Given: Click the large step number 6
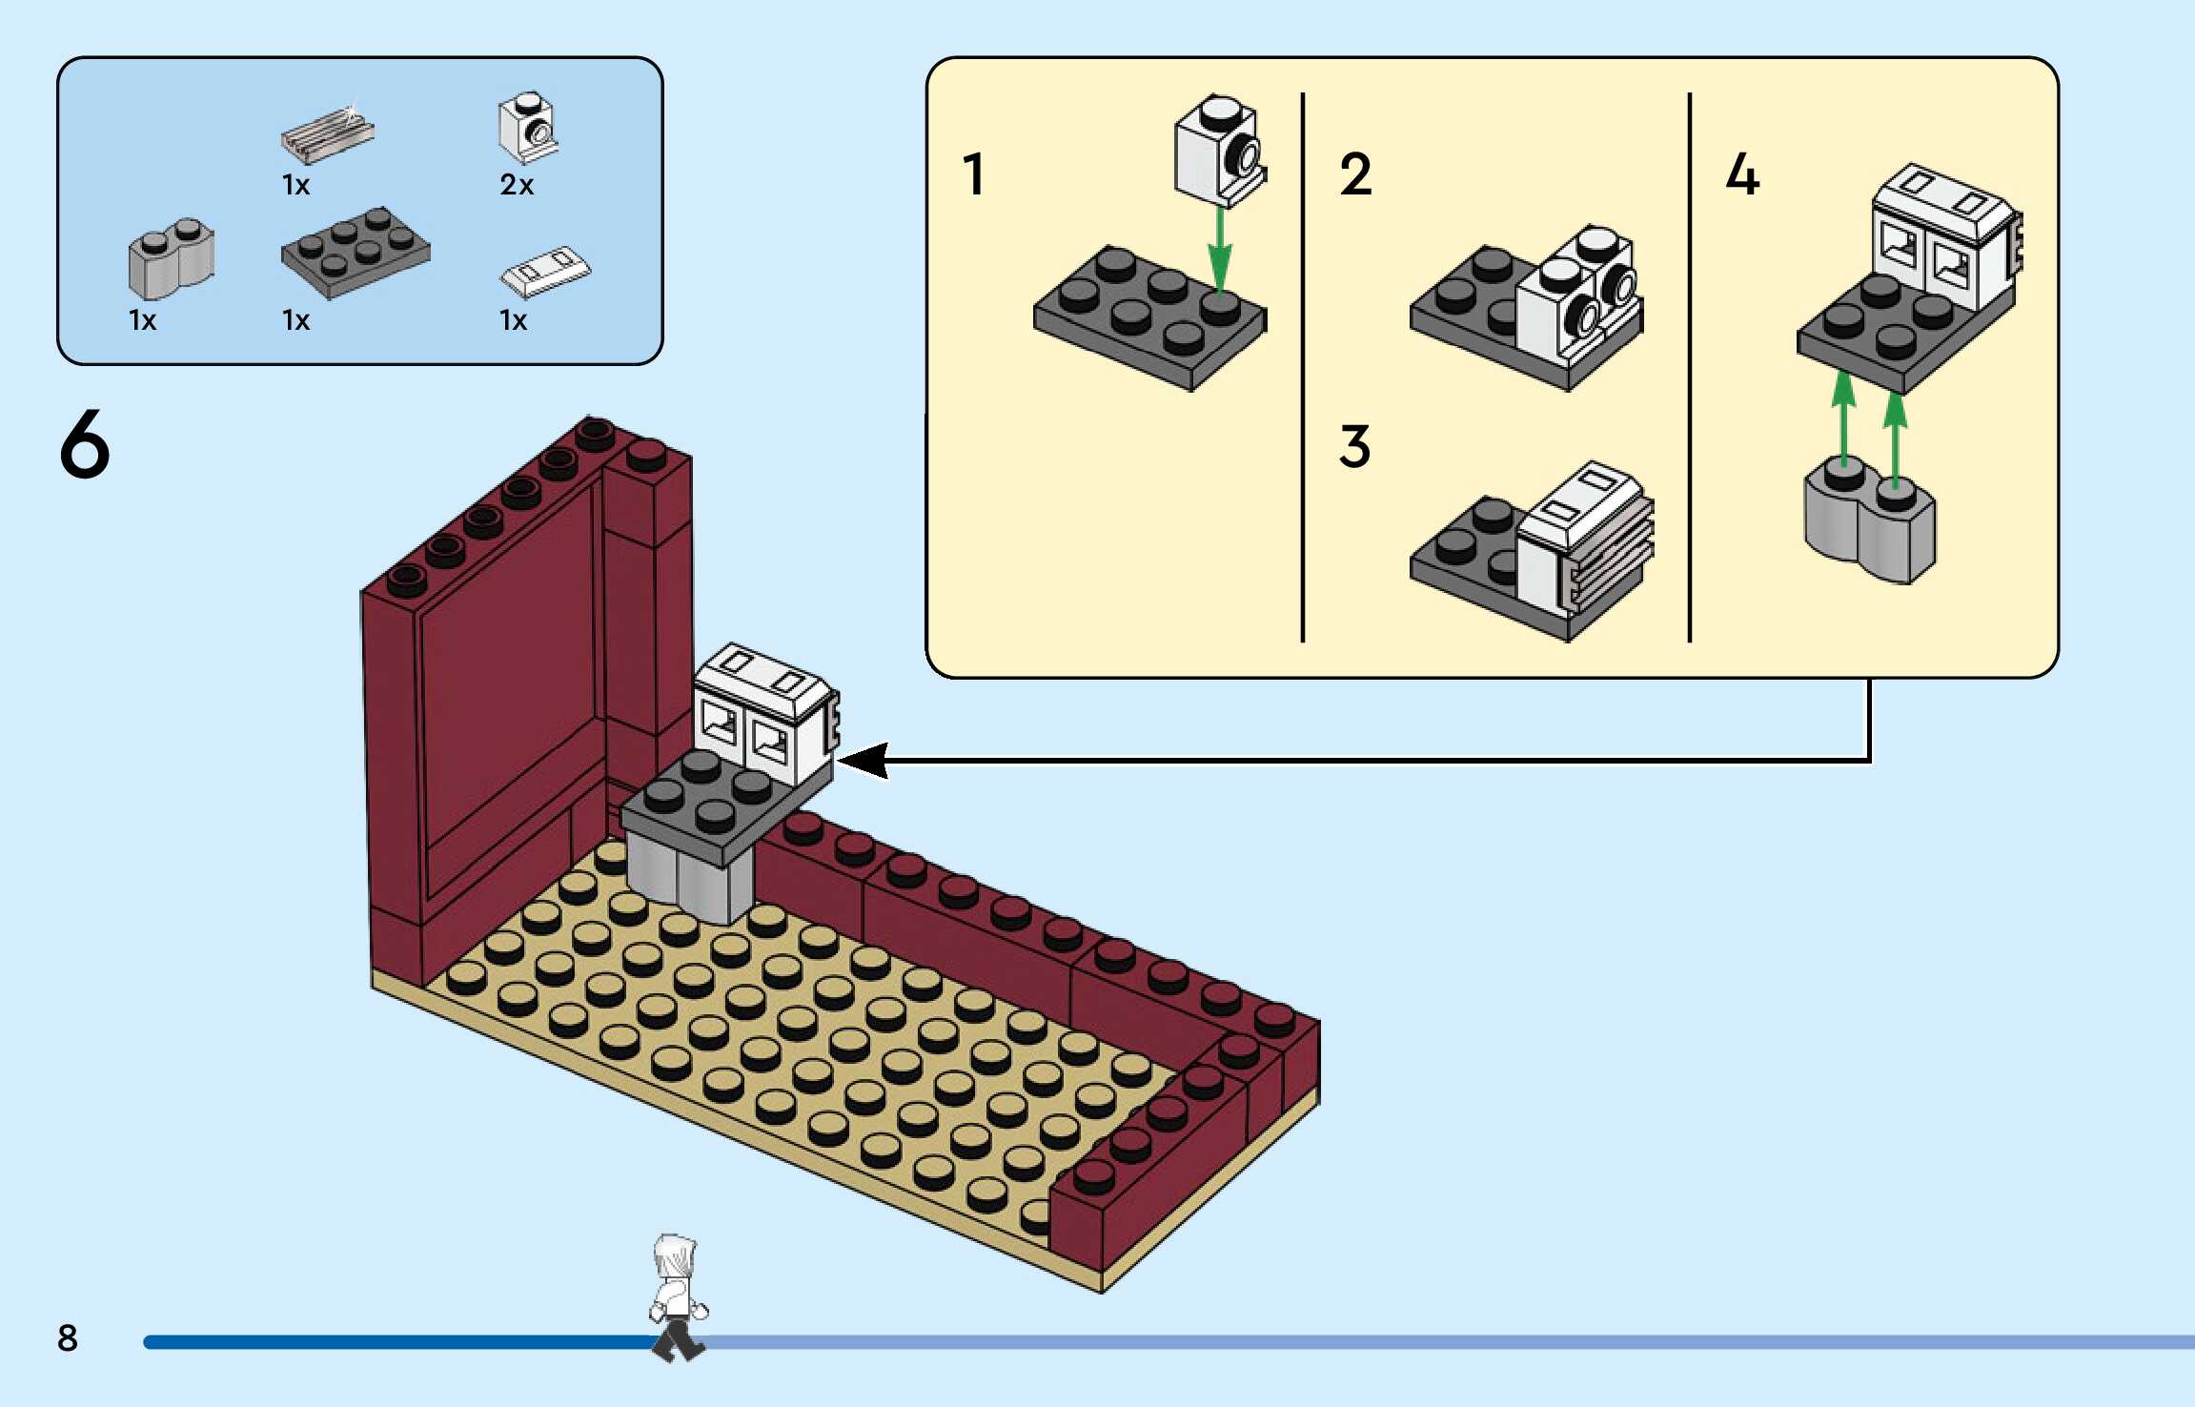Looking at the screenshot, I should click(x=85, y=444).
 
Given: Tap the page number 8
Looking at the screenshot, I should click(x=68, y=1337).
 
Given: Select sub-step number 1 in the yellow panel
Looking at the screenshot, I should click(x=973, y=174).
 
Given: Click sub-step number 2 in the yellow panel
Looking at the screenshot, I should click(x=1355, y=174).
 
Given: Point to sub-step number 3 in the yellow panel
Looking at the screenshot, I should click(x=1354, y=446).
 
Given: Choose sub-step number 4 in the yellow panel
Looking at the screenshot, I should click(x=1742, y=174).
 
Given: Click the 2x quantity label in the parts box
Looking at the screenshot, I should click(x=517, y=184).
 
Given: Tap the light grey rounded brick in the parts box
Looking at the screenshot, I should click(x=172, y=259).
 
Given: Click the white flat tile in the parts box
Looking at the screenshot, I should click(x=545, y=271).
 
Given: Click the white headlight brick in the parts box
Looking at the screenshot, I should click(x=528, y=128).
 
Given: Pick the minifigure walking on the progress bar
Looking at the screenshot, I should click(x=678, y=1297).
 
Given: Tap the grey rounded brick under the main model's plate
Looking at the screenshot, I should click(x=691, y=877).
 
